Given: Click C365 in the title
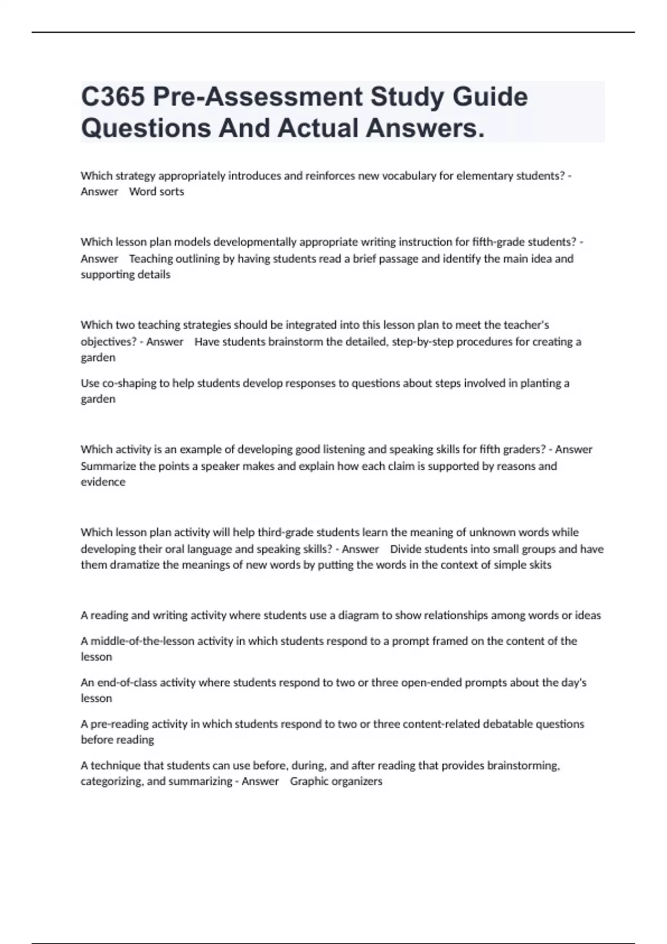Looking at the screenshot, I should point(113,97).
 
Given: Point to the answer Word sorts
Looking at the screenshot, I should point(156,192).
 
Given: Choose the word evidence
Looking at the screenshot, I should point(103,482).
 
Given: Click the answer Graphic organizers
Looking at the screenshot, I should point(336,781).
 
